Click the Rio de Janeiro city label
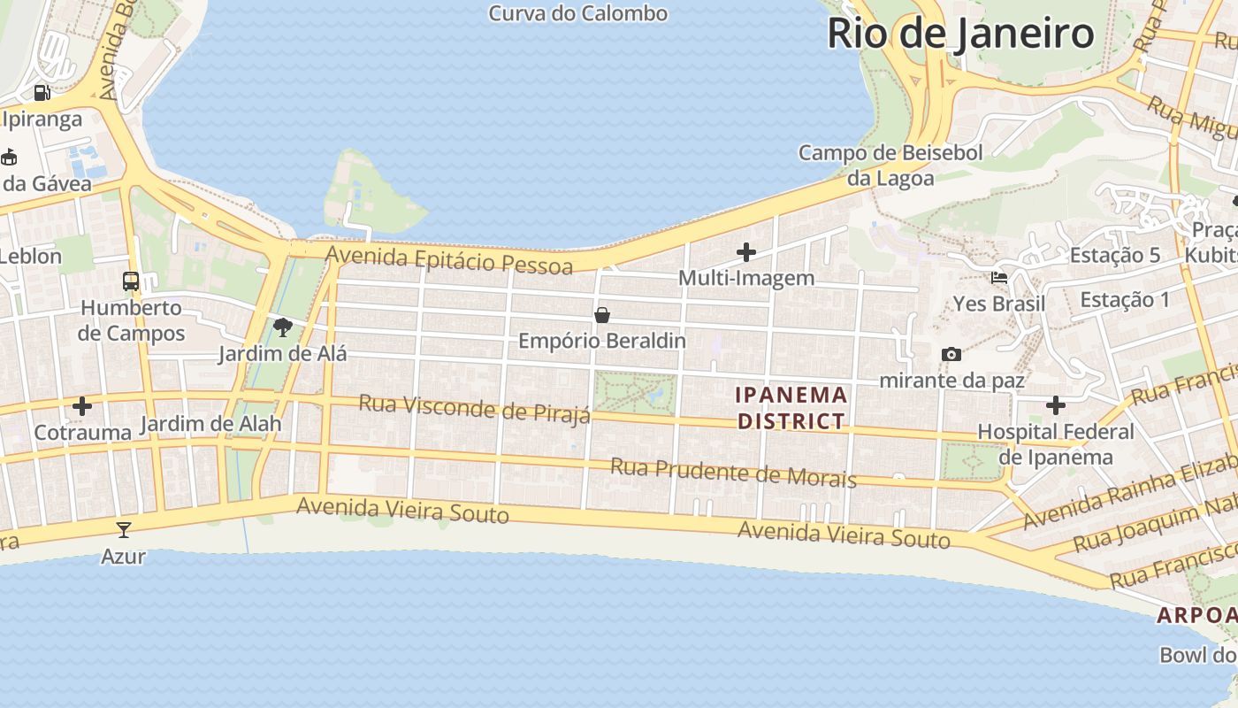coord(961,34)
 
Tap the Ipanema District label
coord(792,407)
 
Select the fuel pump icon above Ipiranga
coord(42,93)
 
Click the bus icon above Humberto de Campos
coord(131,281)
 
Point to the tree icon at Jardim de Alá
coord(283,328)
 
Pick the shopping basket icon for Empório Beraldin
coord(602,315)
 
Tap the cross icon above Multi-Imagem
coord(746,252)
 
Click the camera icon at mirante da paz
coord(951,355)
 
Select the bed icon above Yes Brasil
coord(999,278)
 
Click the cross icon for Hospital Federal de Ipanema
coord(1055,405)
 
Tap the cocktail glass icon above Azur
coord(123,530)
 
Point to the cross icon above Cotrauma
coord(82,406)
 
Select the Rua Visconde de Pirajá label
coord(474,409)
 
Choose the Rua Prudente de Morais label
coord(733,473)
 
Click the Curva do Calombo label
coord(577,13)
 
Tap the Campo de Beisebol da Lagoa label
coord(890,165)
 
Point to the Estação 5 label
coord(1114,256)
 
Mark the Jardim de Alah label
coord(210,424)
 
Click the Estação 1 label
coord(1125,300)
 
